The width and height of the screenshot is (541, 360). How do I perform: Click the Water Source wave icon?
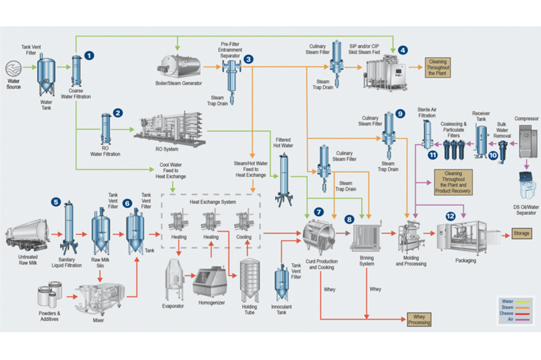14,68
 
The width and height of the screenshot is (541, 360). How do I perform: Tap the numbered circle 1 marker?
89,56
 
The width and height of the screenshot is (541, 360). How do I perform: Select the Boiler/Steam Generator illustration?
179,67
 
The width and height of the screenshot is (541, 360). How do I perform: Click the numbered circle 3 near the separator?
248,59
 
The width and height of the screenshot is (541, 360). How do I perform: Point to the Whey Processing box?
419,319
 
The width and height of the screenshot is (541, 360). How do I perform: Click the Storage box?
521,233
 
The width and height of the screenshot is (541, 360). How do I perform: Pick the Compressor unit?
528,141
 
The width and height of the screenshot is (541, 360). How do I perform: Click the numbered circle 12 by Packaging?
450,216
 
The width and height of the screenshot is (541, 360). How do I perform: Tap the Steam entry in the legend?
508,307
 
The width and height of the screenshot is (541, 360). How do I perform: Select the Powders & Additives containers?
50,294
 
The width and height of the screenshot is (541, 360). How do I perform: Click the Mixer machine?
100,299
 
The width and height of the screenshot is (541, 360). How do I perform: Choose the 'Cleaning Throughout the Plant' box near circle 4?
438,68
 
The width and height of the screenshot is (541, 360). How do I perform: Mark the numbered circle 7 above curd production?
319,212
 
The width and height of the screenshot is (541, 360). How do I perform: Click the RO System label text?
167,149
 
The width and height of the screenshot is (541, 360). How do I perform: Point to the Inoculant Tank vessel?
281,282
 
